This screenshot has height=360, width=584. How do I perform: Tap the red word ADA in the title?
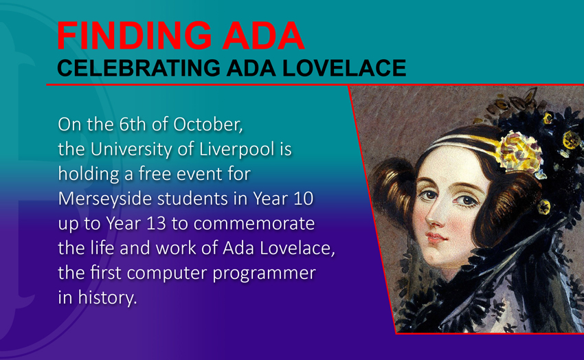pyautogui.click(x=263, y=36)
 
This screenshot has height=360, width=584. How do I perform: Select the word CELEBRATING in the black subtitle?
pyautogui.click(x=139, y=68)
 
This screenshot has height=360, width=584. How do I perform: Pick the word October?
pyautogui.click(x=207, y=125)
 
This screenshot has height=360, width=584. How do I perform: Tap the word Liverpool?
pyautogui.click(x=236, y=150)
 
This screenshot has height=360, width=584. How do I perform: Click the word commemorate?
pyautogui.click(x=254, y=224)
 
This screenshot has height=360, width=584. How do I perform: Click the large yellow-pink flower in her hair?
pyautogui.click(x=519, y=150)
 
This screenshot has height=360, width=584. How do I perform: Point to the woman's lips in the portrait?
pyautogui.click(x=436, y=237)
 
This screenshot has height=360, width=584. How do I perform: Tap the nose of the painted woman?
pyautogui.click(x=433, y=215)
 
